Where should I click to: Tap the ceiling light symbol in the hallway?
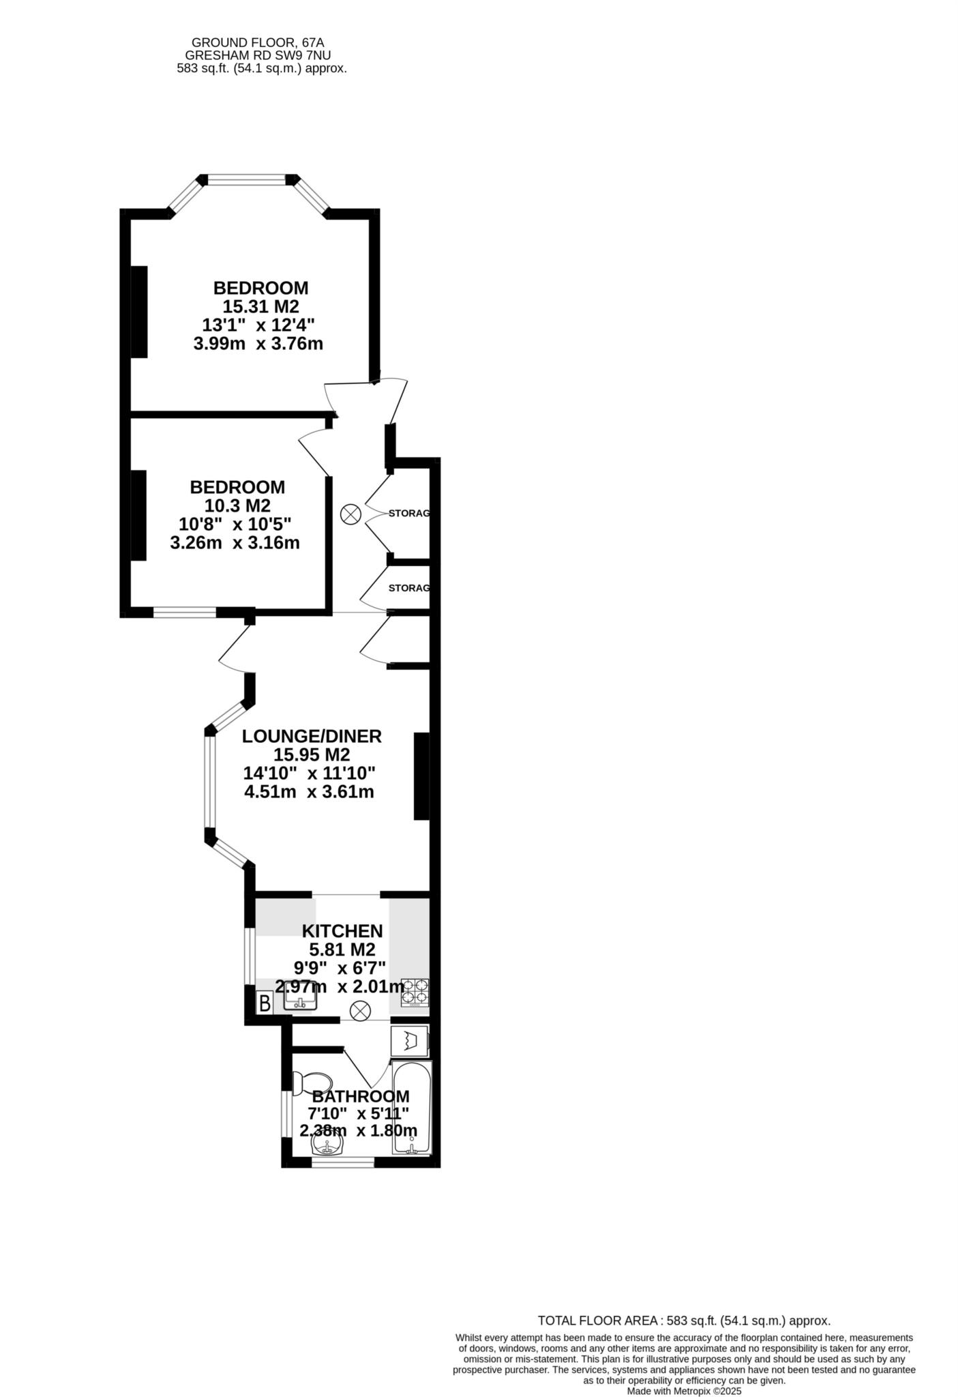click(350, 514)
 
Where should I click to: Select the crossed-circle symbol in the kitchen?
click(360, 1010)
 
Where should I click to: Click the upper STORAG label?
click(409, 513)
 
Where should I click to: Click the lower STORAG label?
click(409, 588)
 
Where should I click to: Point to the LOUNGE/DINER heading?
click(312, 737)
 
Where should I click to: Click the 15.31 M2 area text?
click(260, 306)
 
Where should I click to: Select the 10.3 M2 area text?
click(237, 506)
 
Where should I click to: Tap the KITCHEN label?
click(342, 931)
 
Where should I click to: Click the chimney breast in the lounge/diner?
click(421, 776)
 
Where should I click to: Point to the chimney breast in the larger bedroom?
click(139, 311)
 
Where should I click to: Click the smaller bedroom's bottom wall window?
click(185, 613)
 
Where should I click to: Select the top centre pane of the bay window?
click(247, 180)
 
